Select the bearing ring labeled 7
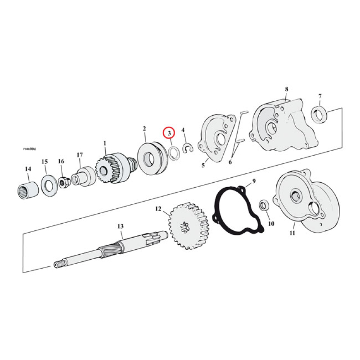[319, 115]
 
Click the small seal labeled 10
[264, 206]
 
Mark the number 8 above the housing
[286, 89]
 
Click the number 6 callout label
[230, 162]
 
